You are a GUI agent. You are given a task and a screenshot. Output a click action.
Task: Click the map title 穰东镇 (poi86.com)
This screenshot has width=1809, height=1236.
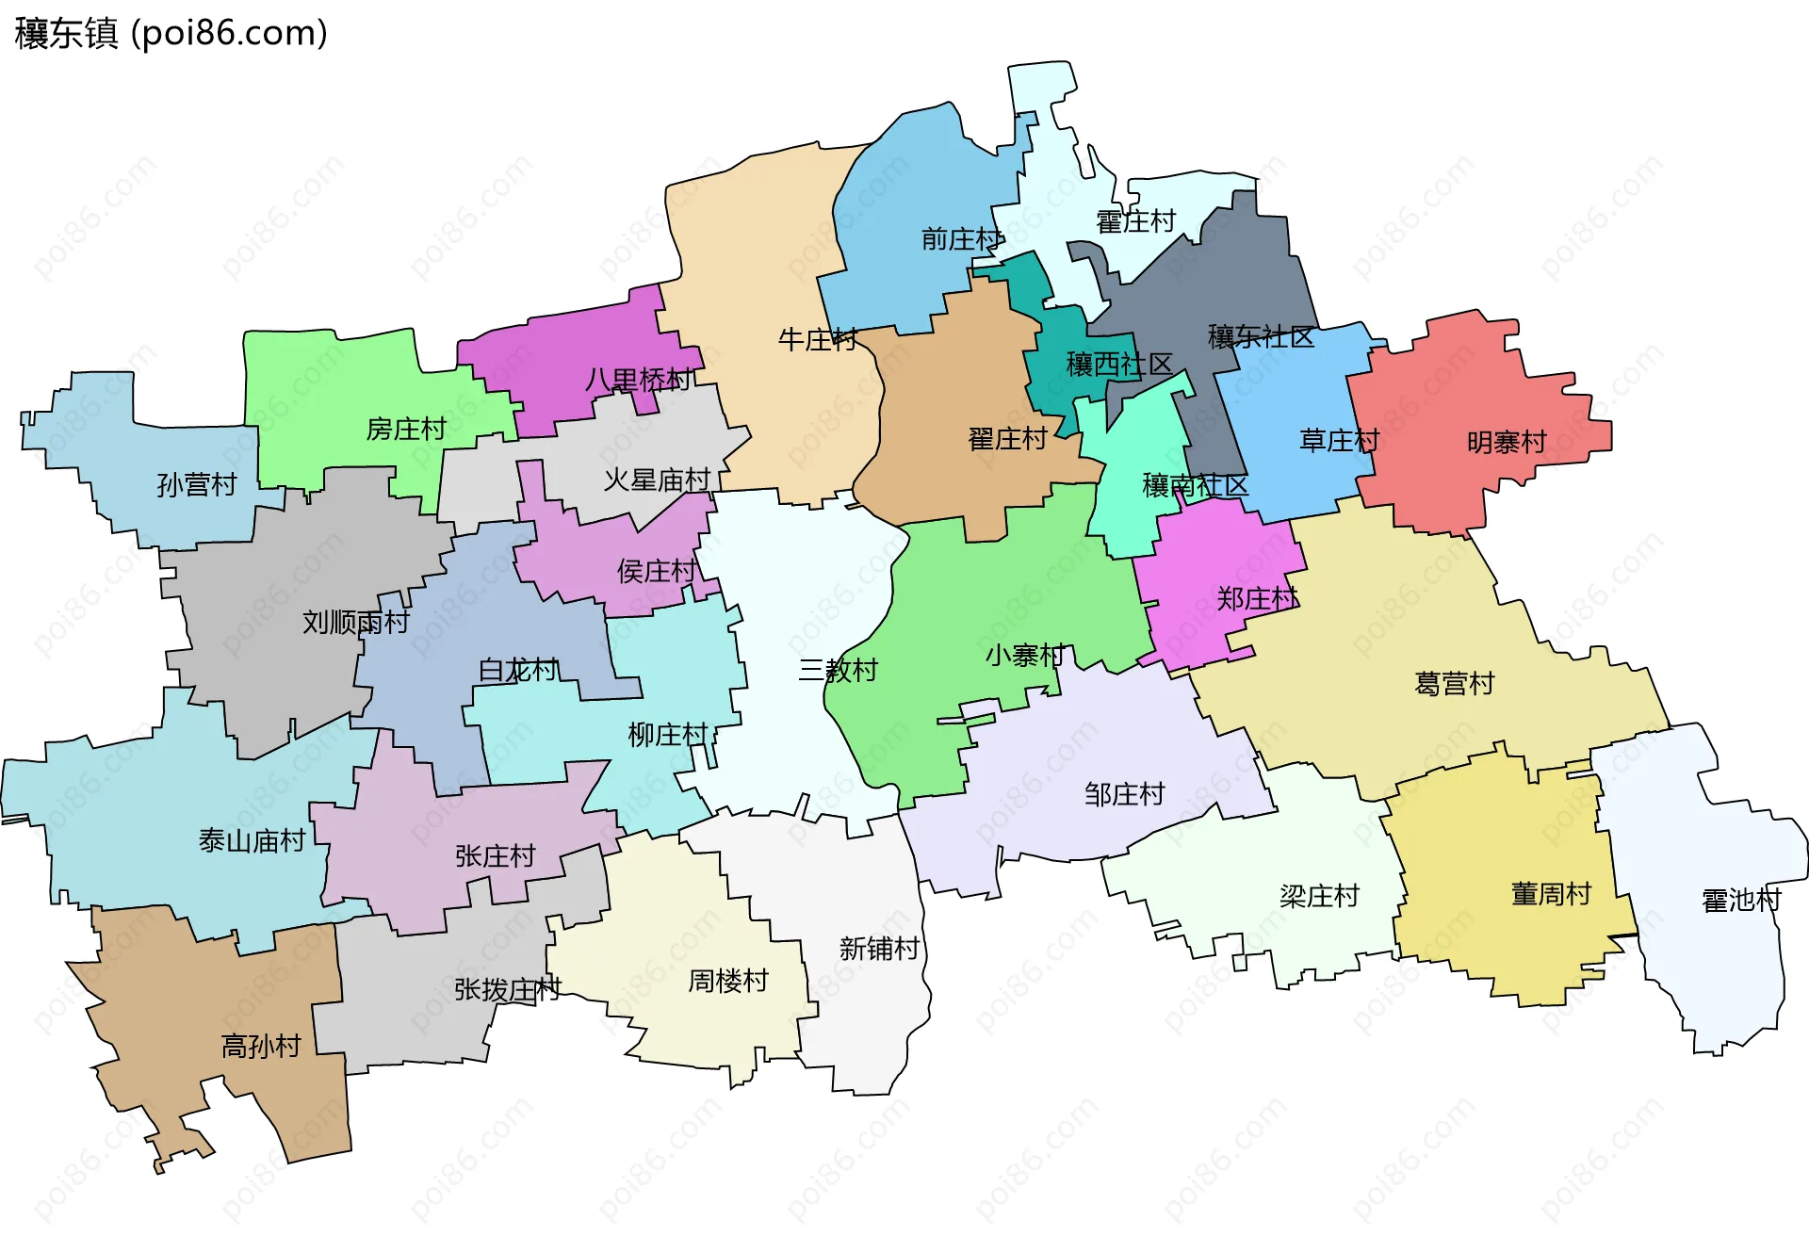pos(171,34)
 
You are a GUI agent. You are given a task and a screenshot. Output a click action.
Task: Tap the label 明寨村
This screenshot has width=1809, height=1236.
pos(1507,442)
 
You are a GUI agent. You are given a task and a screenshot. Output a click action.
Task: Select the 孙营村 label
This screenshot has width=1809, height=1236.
pos(196,484)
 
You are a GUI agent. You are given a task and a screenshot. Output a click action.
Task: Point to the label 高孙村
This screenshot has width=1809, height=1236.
pos(261,1046)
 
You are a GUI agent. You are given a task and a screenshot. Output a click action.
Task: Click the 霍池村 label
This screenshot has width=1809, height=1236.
pos(1741,900)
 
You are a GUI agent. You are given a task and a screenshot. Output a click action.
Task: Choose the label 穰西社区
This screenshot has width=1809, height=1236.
pos(1119,364)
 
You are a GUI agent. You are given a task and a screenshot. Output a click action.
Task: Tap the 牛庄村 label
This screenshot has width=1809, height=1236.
pos(818,339)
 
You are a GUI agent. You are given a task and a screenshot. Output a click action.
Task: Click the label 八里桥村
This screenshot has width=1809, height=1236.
pos(638,380)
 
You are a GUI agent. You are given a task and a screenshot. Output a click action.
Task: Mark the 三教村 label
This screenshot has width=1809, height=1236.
pos(839,670)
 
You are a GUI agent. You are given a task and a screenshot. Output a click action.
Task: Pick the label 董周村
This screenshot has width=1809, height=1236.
pos(1551,893)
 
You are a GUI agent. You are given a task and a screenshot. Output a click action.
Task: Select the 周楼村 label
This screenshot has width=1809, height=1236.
pos(727,981)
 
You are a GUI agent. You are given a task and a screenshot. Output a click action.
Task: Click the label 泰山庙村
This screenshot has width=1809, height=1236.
pos(252,840)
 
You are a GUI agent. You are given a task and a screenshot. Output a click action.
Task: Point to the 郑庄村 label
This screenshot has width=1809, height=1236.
pos(1257,598)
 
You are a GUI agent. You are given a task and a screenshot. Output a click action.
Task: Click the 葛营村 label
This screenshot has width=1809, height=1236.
pos(1454,683)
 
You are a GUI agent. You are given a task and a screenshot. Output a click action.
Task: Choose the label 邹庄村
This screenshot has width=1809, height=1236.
pos(1124,794)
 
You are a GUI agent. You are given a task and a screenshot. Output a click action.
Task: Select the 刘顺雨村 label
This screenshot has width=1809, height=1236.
pos(355,622)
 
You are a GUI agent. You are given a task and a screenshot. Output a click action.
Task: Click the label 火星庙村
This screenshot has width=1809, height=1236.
pos(657,480)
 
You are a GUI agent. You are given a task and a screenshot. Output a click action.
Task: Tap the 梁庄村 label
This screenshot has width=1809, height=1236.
pos(1319,896)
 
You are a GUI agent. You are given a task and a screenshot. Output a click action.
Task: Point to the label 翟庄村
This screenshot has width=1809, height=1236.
pos(1007,439)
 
